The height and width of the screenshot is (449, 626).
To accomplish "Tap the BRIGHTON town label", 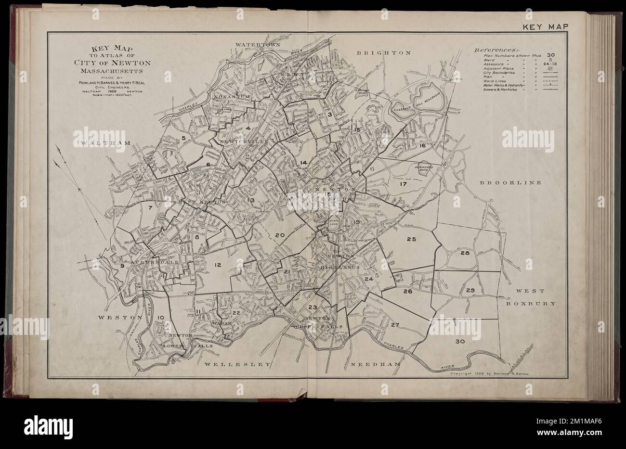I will (x=384, y=52).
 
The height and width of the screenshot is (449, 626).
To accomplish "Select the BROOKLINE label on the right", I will (x=510, y=183).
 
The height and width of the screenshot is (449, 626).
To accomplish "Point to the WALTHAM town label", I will (x=102, y=143).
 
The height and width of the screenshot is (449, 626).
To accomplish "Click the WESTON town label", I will (x=120, y=318).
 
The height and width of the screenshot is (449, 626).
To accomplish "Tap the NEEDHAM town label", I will (x=376, y=365).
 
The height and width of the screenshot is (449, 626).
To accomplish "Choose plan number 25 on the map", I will (x=411, y=239).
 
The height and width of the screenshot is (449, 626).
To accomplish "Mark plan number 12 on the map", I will (x=218, y=264).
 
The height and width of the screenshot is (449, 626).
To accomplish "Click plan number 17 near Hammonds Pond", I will (x=403, y=183).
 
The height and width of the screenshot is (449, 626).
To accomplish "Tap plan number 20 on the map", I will (x=280, y=235).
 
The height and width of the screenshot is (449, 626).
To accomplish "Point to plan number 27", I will (x=395, y=325).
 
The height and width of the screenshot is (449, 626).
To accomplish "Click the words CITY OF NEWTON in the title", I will (x=118, y=63).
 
